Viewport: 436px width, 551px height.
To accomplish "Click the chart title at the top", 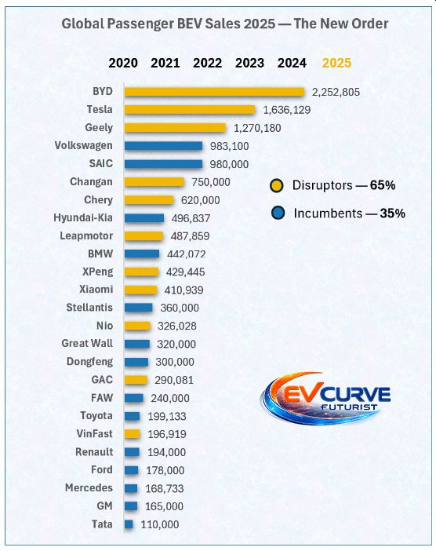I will click(224, 24).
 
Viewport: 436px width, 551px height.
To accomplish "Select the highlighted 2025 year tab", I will click(336, 63).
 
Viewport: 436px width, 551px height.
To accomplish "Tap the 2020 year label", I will click(123, 63).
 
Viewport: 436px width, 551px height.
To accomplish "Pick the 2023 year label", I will click(249, 63).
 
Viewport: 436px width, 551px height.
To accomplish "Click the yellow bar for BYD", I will click(214, 92).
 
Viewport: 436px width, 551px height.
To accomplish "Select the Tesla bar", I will click(190, 110).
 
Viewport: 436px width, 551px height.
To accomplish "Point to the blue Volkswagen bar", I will click(163, 146).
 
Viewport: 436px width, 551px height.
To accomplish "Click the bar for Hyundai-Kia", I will click(144, 218).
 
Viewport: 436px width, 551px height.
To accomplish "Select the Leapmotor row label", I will click(86, 235).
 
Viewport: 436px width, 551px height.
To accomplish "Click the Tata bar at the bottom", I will click(129, 524).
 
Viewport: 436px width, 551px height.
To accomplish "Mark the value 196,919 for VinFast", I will click(170, 434).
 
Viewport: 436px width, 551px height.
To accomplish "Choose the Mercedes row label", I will click(88, 487).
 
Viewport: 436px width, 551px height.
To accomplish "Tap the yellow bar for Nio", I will click(137, 326).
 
